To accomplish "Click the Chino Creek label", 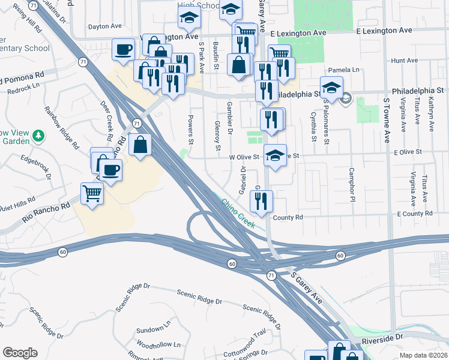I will (238, 214).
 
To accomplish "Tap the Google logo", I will (20, 353).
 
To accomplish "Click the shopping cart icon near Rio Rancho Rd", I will (92, 193).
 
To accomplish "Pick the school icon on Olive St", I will (275, 155).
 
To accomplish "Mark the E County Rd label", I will (415, 214).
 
